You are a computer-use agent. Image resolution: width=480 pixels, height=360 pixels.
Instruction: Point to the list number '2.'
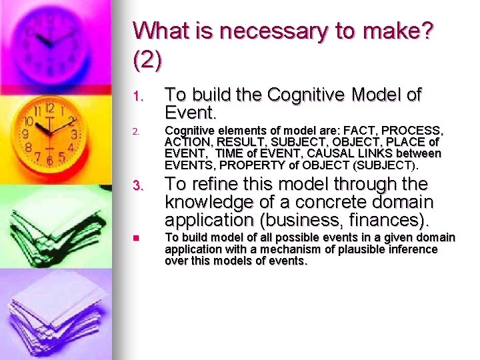136,131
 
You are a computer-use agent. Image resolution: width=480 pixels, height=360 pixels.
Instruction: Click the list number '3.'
138,185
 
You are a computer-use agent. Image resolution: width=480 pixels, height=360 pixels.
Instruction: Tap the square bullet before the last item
135,238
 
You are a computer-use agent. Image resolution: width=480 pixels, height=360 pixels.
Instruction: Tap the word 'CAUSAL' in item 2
325,153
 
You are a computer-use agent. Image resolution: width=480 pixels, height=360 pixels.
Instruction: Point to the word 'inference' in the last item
413,249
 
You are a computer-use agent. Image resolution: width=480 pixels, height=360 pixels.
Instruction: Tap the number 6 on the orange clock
49,161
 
